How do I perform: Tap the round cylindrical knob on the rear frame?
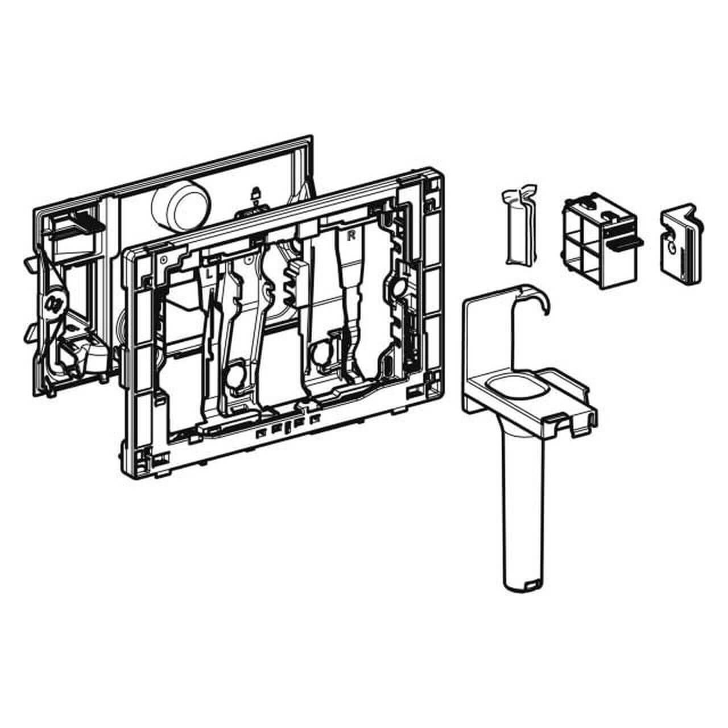point(181,205)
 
